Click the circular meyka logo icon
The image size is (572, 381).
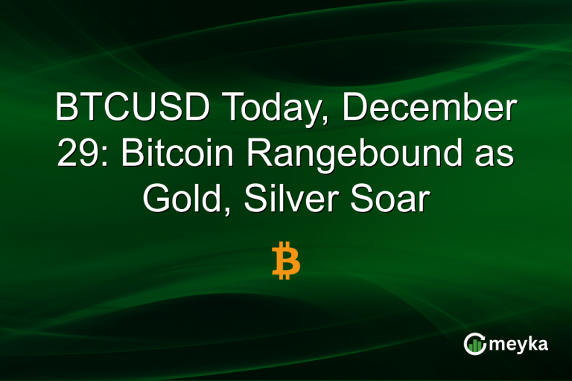(x=475, y=343)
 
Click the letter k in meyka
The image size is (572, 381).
(x=532, y=343)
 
